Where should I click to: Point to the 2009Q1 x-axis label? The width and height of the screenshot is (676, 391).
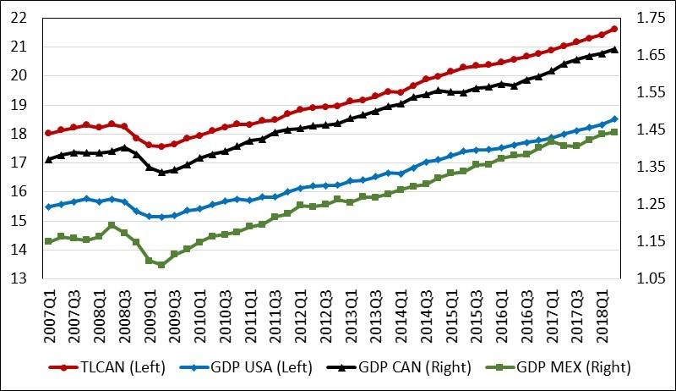150,315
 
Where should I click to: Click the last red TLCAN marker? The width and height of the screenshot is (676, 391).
614,29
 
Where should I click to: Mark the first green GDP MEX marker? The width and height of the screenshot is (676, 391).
48,241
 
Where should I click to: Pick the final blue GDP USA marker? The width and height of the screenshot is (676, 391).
614,118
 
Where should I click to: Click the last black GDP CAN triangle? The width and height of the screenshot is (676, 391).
614,50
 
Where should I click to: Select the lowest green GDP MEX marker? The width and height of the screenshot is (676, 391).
161,264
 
